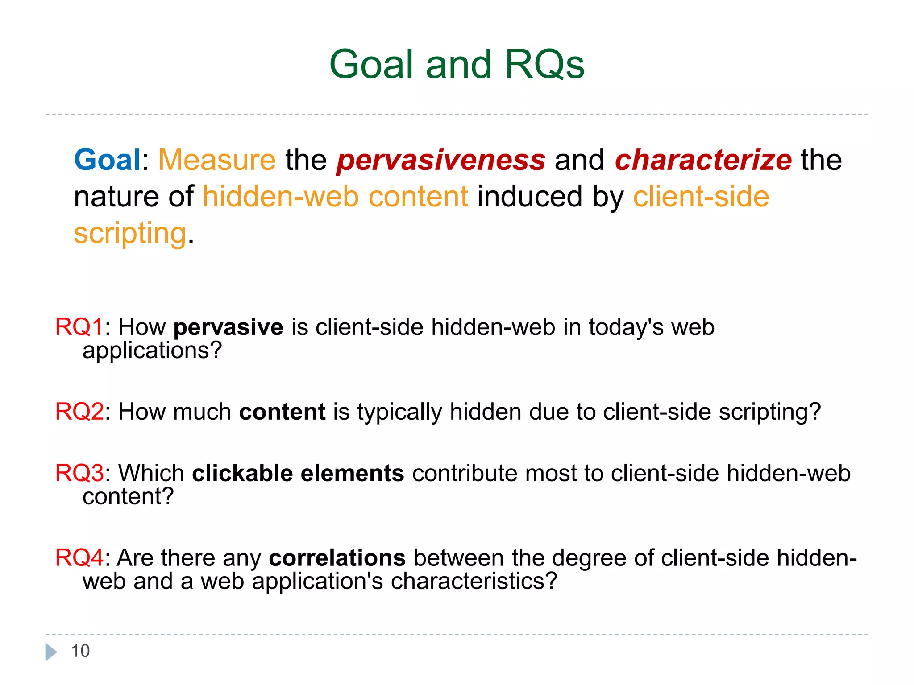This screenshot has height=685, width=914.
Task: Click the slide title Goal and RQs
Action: pyautogui.click(x=457, y=65)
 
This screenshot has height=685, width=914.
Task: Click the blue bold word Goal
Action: pyautogui.click(x=107, y=160)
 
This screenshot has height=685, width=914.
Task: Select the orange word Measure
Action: pyautogui.click(x=217, y=160)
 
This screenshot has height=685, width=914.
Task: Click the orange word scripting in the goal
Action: pyautogui.click(x=130, y=233)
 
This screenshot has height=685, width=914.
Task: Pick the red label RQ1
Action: pyautogui.click(x=79, y=327)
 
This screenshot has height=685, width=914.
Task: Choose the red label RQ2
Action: pyautogui.click(x=79, y=411)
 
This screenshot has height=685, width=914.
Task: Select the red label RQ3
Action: pyautogui.click(x=79, y=473)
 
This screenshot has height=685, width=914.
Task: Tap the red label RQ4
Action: pyautogui.click(x=79, y=558)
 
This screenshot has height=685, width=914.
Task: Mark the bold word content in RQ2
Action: pyautogui.click(x=282, y=412)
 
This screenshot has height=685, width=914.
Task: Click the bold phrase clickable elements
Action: pyautogui.click(x=298, y=473)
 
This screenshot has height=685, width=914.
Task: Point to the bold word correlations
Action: pyautogui.click(x=337, y=558)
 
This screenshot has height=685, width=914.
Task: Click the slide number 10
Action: pyautogui.click(x=80, y=651)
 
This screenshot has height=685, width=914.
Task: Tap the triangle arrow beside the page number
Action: pyautogui.click(x=50, y=652)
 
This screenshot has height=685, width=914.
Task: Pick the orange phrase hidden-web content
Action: pyautogui.click(x=335, y=197)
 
